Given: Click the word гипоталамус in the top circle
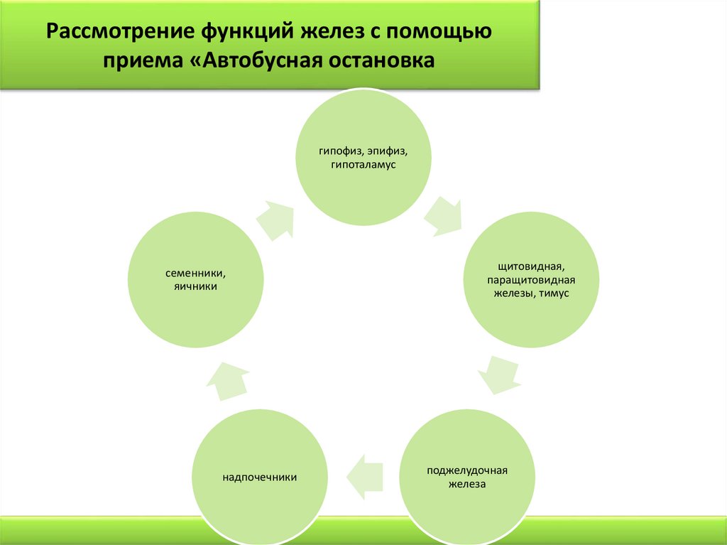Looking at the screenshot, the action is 362,165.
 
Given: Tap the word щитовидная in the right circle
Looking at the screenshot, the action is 531,267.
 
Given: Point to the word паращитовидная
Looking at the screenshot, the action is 531,280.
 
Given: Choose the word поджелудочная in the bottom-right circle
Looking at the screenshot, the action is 466,471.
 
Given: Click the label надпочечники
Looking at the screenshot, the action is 260,477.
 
